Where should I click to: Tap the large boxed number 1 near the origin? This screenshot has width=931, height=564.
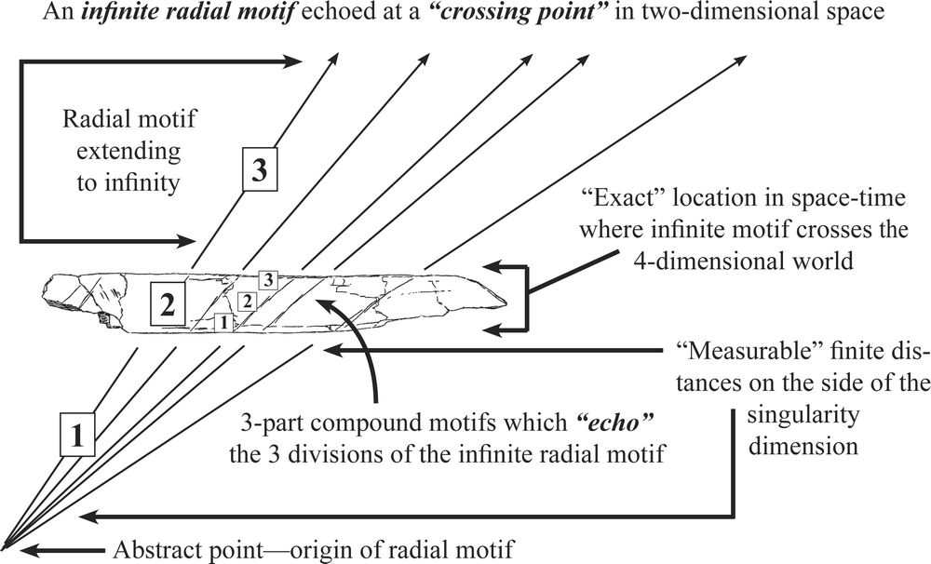pyautogui.click(x=78, y=433)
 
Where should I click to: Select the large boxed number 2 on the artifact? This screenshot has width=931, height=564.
pyautogui.click(x=166, y=305)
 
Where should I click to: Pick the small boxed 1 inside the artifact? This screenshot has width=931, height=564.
pyautogui.click(x=222, y=322)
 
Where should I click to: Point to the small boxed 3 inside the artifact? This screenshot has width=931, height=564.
pyautogui.click(x=268, y=278)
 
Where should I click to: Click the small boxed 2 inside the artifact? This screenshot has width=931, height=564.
pyautogui.click(x=246, y=301)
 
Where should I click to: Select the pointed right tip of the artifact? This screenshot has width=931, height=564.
pyautogui.click(x=504, y=300)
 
